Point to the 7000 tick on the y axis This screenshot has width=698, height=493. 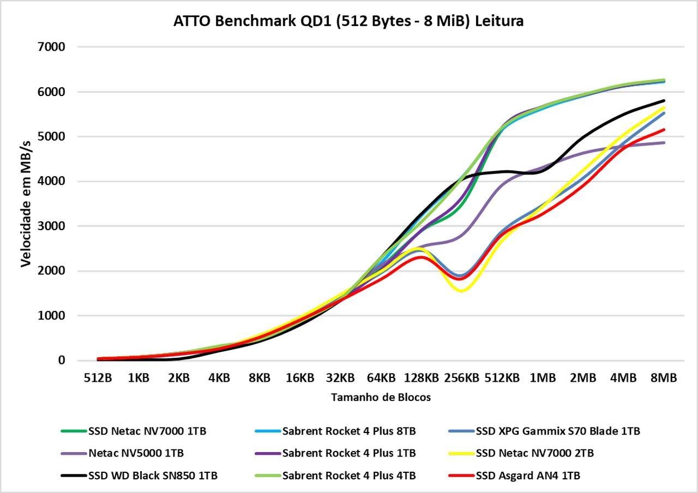tap(51, 47)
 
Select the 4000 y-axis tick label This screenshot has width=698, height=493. tap(51, 181)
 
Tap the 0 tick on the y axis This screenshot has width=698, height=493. tap(62, 360)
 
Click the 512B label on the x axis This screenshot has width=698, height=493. tap(98, 378)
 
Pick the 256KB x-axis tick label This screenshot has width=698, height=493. tap(461, 378)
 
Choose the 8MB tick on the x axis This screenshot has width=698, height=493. tap(664, 378)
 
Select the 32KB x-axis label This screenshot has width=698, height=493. tap(340, 378)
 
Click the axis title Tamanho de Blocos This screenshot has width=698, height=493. tap(381, 398)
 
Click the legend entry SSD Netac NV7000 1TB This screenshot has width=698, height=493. tap(134, 431)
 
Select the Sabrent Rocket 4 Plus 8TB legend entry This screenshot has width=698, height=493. tap(335, 431)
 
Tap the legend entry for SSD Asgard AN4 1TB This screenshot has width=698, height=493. tap(514, 476)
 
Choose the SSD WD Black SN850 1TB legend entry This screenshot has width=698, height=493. tap(139, 476)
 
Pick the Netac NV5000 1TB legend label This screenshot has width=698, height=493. tap(122, 453)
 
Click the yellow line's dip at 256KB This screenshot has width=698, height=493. tap(461, 291)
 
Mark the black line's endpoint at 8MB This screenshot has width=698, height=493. tap(664, 101)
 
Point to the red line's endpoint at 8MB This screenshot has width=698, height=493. tap(664, 130)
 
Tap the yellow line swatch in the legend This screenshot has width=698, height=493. tap(461, 453)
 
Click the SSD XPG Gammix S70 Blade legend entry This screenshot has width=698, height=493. tap(544, 431)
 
